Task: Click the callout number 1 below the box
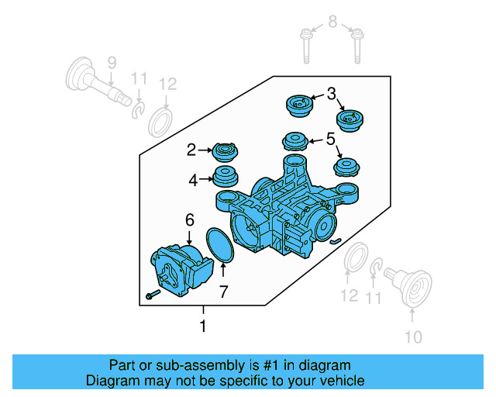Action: [203, 326]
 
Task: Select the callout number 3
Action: [331, 95]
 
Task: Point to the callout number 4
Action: [192, 180]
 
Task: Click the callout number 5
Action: [330, 140]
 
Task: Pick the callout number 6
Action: [188, 221]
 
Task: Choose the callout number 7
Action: [223, 292]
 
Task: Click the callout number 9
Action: [111, 63]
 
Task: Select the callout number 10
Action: [412, 337]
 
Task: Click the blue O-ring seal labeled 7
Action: [222, 244]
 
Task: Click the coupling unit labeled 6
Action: [180, 269]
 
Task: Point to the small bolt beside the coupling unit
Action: [151, 295]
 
